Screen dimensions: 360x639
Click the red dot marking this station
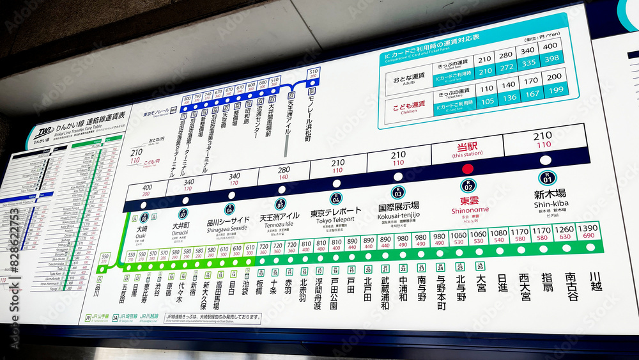click(468, 169)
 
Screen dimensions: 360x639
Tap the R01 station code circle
click(547, 178)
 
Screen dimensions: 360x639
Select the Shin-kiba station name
click(550, 194)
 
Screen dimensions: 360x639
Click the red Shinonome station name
click(470, 200)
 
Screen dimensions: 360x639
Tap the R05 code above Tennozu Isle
click(280, 204)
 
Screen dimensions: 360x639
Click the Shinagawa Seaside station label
click(228, 221)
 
